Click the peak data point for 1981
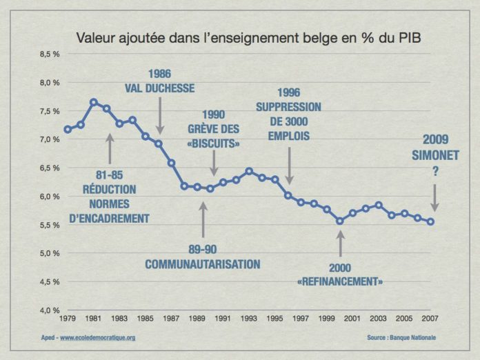pyautogui.click(x=94, y=102)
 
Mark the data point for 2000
pyautogui.click(x=340, y=221)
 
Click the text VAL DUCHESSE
pyautogui.click(x=160, y=88)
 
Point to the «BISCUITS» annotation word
pyautogui.click(x=214, y=143)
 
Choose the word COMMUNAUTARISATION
pyautogui.click(x=203, y=263)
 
